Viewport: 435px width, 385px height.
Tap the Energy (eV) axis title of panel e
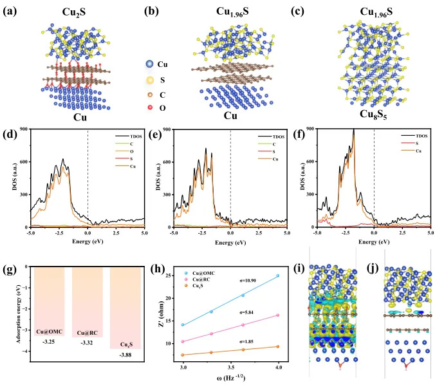pos(228,244)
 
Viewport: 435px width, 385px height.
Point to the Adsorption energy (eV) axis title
pos(9,307)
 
